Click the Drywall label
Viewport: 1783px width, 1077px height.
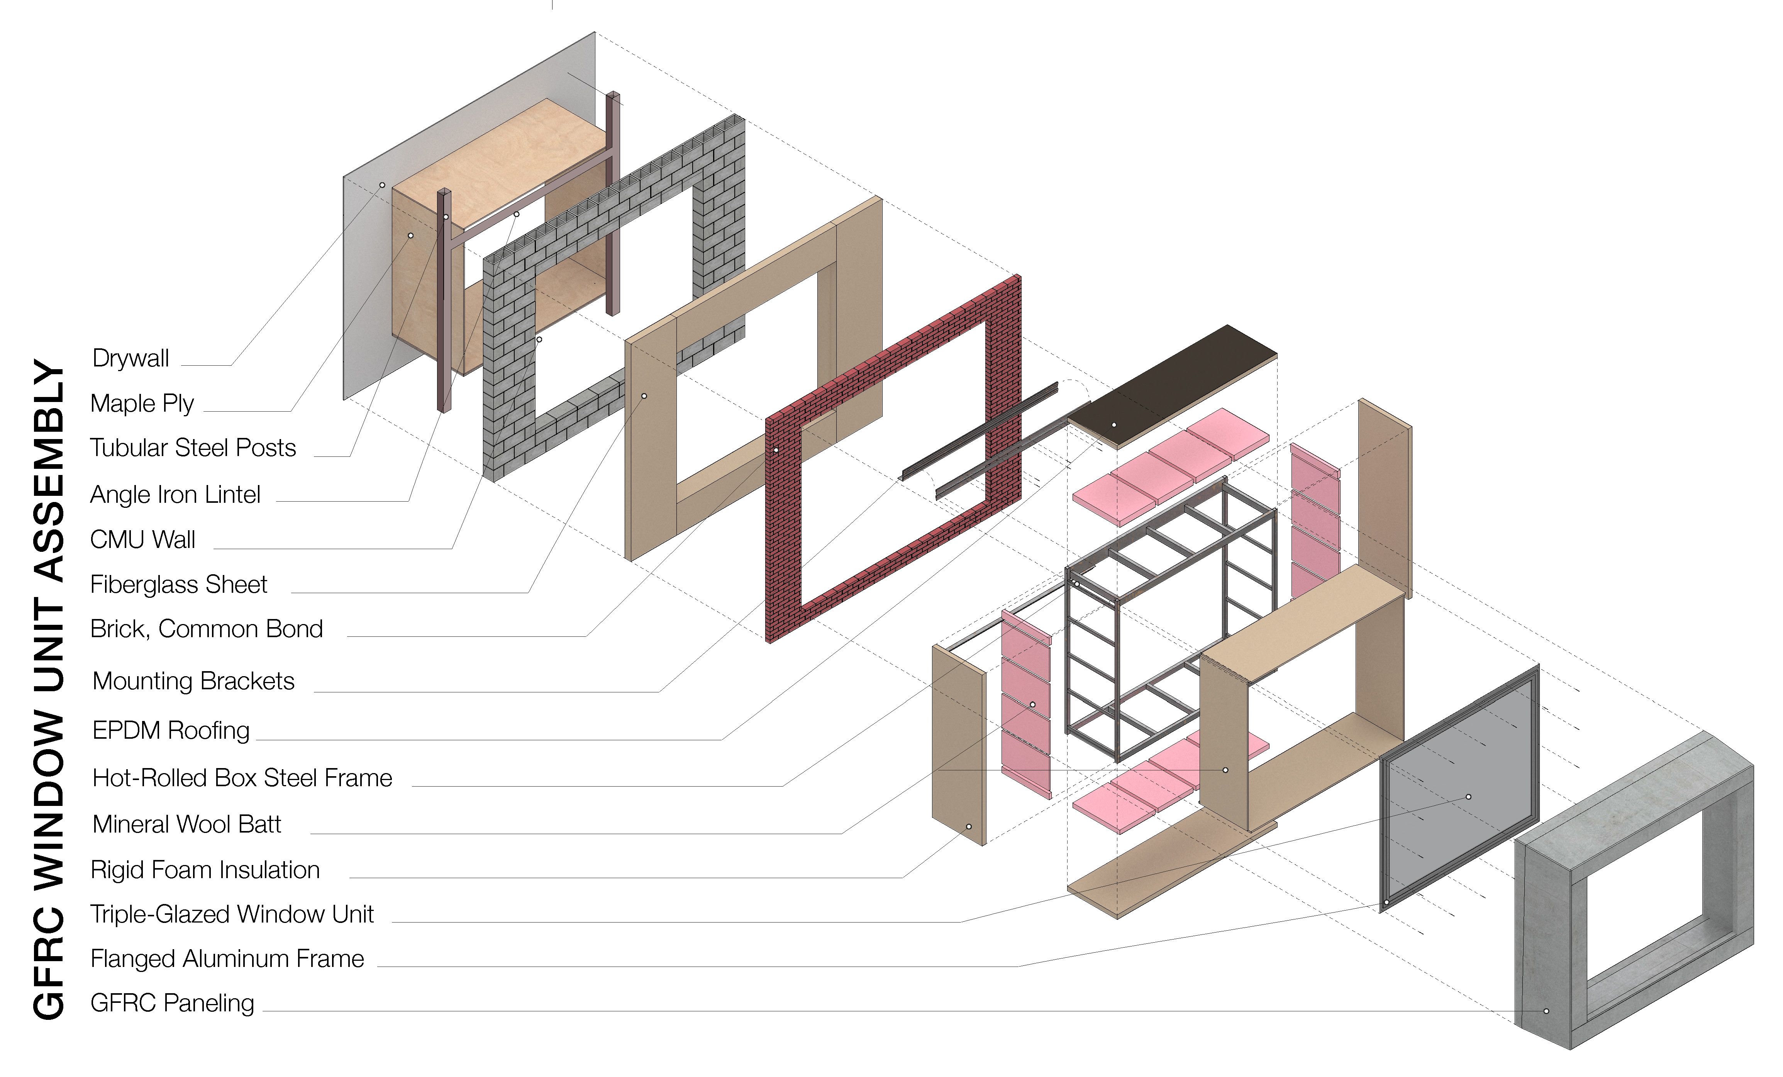[131, 358]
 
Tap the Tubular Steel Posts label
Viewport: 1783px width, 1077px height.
[193, 448]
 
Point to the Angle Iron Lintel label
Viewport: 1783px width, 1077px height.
[175, 495]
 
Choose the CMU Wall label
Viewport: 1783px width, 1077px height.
[142, 540]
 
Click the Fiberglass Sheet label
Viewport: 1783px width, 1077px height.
[179, 585]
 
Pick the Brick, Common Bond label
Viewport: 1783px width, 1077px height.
[206, 629]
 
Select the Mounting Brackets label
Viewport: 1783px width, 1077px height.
[193, 681]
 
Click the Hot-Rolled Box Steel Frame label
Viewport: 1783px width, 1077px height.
[242, 778]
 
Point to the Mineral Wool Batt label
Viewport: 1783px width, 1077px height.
[187, 824]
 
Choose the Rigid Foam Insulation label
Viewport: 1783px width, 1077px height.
[205, 870]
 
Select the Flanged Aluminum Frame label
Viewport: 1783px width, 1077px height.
[227, 959]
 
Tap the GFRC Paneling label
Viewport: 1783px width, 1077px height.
[172, 1003]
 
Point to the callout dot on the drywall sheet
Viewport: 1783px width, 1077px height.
[382, 185]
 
